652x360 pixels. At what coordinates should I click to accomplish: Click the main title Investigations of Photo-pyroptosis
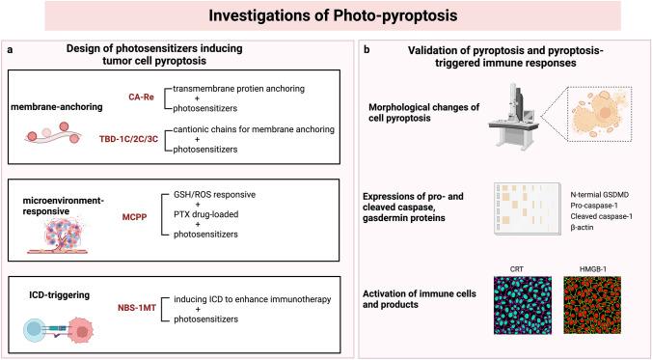(x=326, y=16)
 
